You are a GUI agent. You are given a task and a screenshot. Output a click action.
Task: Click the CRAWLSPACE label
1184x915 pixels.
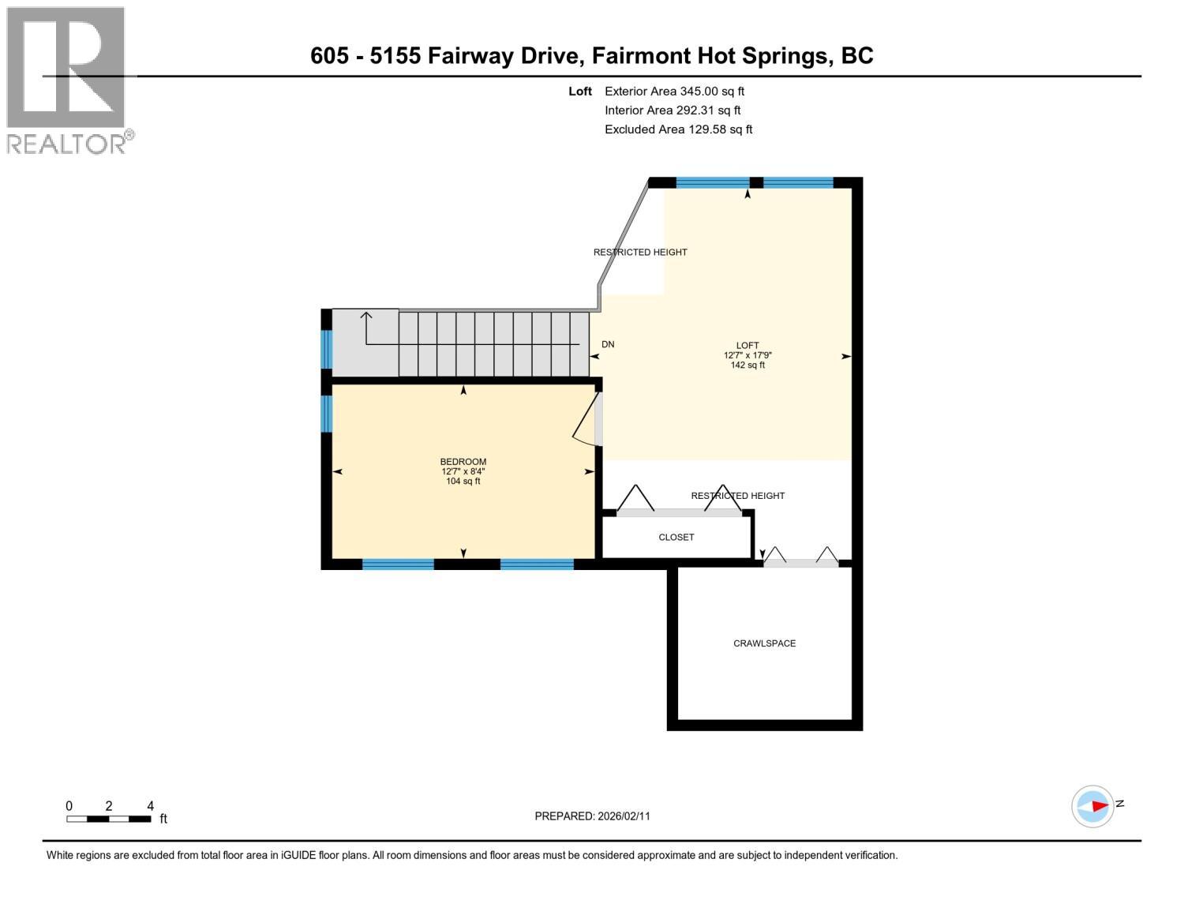pos(764,643)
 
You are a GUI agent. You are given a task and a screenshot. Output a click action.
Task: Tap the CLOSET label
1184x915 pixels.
pos(676,537)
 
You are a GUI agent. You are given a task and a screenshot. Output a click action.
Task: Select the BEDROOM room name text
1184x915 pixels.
pos(463,462)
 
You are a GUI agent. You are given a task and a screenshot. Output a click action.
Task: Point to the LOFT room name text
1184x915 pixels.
pos(747,345)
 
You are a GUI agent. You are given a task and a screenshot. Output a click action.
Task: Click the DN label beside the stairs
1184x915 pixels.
pos(608,344)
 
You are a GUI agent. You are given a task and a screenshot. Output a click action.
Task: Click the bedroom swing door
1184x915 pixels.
pos(585,418)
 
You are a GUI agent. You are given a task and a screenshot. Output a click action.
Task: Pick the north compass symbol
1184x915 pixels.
pos(1093,806)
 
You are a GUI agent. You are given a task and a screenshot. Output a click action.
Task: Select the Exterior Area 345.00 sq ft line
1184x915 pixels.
pos(674,92)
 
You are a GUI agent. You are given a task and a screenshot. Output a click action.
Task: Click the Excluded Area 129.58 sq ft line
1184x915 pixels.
pos(678,129)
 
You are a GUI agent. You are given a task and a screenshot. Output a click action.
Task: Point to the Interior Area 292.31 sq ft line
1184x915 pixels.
pos(673,111)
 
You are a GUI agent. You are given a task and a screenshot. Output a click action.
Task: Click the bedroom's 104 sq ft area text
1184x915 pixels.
pos(463,482)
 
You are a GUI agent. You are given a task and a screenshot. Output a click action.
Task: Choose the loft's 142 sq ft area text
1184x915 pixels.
pos(747,366)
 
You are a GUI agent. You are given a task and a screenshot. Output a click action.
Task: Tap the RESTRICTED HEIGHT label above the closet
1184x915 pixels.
pos(737,496)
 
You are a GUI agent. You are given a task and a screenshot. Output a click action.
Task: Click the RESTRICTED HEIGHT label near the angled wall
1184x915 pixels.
pos(640,253)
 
